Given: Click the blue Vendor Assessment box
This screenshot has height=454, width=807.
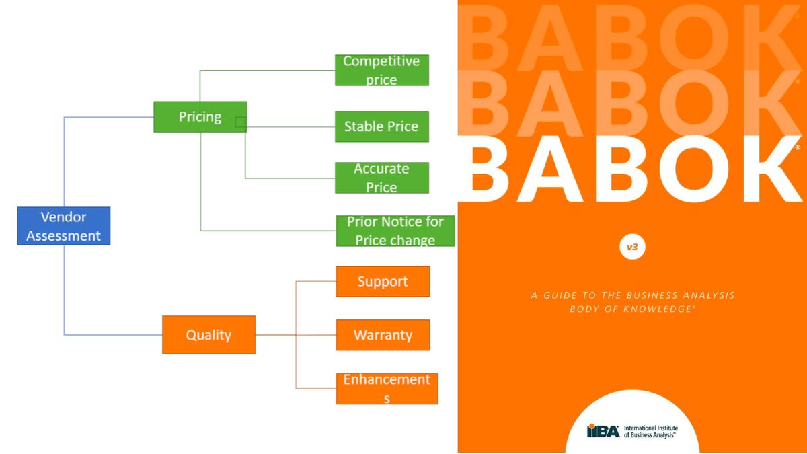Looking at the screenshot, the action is click(x=64, y=226).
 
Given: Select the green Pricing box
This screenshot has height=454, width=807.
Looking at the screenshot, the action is click(x=200, y=117).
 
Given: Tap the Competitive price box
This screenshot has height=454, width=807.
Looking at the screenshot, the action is click(x=382, y=70).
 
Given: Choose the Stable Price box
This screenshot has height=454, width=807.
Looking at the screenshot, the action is click(x=382, y=126).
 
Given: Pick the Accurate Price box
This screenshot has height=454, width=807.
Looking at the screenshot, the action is click(x=382, y=178).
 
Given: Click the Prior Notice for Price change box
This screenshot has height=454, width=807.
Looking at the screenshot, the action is click(x=395, y=231).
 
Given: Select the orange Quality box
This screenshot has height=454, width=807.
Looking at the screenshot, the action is click(x=209, y=335).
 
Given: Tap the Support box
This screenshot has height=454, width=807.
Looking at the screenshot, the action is click(x=383, y=281).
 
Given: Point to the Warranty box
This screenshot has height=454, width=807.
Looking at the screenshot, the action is click(x=383, y=335).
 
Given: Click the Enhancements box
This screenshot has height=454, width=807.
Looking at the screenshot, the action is click(x=387, y=389).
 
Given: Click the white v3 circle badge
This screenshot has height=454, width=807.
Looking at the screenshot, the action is click(x=632, y=247).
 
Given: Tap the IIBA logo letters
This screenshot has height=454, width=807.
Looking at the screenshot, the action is click(x=603, y=430).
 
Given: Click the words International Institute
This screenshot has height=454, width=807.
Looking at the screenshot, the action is click(x=651, y=428).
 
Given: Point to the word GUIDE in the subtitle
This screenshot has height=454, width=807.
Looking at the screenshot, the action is click(x=560, y=295).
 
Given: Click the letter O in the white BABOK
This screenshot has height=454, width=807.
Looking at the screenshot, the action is click(x=695, y=168).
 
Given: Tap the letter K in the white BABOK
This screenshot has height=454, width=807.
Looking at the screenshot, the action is click(x=771, y=169).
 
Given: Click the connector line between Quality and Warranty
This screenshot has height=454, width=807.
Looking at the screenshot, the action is click(x=296, y=335).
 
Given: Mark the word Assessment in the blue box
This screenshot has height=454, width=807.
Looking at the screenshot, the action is click(x=63, y=236).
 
